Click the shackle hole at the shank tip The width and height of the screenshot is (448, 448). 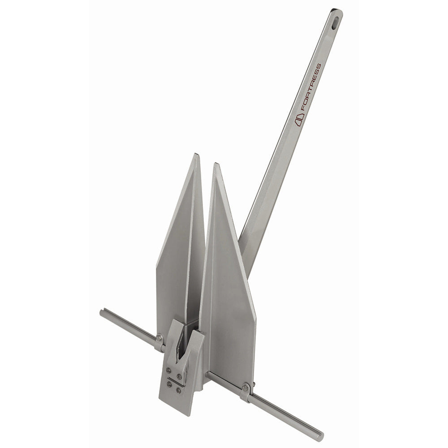click(336, 21)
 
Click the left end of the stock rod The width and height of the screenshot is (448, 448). click(102, 312)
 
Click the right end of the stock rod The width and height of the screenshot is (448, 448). click(320, 435)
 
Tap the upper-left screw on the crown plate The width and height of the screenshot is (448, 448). click(169, 370)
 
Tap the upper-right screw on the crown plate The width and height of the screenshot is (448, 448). click(179, 376)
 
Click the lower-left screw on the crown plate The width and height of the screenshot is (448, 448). click(169, 383)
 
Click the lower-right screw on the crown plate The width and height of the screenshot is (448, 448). click(179, 390)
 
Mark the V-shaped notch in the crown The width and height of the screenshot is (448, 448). click(181, 356)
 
